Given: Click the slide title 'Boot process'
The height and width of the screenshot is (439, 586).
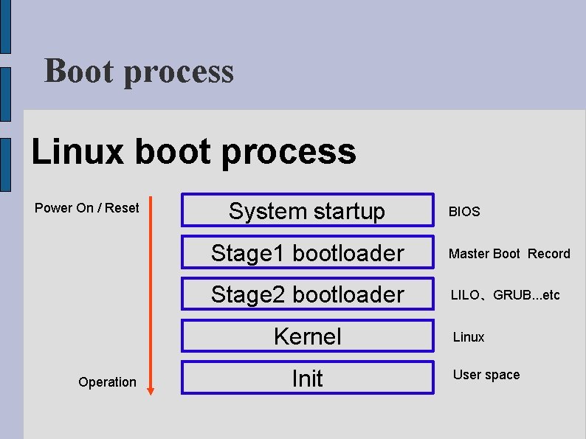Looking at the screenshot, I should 139,72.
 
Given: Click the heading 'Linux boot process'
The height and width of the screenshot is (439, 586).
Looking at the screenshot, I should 193,151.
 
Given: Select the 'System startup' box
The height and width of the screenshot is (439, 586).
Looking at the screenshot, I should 307,211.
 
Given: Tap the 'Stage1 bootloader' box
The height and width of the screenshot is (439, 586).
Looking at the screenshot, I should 307,253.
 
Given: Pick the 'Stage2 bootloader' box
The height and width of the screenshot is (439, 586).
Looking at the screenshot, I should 307,294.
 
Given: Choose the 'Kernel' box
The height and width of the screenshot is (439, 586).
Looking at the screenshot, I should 307,336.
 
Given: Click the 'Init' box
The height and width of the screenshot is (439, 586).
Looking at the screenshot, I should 307,378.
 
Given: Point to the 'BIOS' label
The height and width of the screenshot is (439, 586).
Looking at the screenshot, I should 464,212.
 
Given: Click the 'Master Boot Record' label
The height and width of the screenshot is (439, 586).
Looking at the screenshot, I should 509,254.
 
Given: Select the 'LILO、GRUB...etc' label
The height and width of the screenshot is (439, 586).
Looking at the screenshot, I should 506,295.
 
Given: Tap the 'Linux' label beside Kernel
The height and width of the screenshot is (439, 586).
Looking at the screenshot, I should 469,337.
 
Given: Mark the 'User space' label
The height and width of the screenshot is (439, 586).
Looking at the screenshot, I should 486,375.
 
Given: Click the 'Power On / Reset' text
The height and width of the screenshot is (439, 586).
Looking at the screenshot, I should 86,208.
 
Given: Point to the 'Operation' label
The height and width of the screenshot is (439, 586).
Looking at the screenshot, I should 107,382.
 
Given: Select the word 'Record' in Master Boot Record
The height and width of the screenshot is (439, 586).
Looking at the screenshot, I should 548,254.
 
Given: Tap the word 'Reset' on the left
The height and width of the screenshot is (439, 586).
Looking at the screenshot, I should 122,208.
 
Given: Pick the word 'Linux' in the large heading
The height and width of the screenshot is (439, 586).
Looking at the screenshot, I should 77,151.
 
